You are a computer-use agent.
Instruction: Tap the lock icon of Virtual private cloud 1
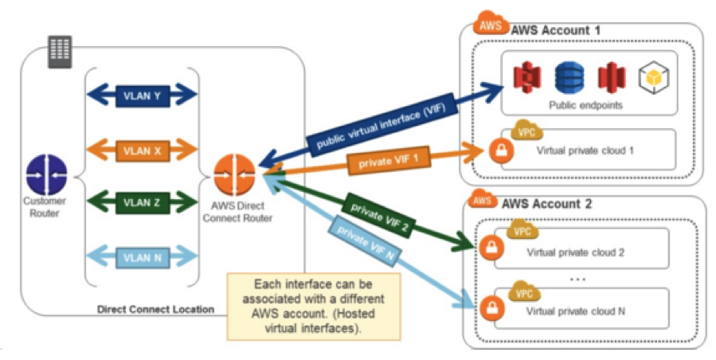coord(500,151)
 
